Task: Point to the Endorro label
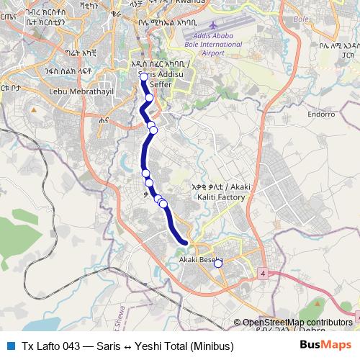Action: [321, 114]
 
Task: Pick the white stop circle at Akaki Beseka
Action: [218, 264]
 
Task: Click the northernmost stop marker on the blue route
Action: [144, 77]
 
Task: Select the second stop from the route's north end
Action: [150, 98]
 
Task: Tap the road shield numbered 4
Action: [264, 274]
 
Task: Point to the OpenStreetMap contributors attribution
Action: [297, 323]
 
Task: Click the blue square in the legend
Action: [9, 345]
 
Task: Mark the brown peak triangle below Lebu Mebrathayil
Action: [33, 109]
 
